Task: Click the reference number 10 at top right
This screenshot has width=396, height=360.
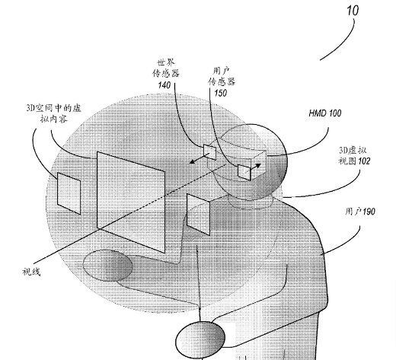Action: click(353, 11)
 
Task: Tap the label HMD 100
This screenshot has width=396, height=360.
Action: click(325, 113)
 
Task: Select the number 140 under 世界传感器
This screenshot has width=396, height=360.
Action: click(164, 85)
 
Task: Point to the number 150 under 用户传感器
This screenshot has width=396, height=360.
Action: click(220, 93)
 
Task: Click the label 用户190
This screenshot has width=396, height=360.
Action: click(360, 212)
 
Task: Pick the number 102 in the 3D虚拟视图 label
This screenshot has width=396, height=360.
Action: click(364, 161)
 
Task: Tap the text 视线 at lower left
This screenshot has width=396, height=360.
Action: click(31, 272)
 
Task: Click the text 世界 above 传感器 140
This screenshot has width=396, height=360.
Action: click(166, 62)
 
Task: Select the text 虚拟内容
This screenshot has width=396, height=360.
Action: click(54, 119)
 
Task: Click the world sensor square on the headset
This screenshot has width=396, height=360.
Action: click(209, 152)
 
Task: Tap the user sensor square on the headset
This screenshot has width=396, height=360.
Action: click(244, 172)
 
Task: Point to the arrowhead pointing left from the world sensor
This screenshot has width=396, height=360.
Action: click(193, 161)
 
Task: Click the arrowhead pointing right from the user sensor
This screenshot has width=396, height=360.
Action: click(257, 166)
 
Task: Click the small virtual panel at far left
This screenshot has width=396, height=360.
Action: click(69, 193)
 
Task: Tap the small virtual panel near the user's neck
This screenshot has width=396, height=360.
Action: click(198, 215)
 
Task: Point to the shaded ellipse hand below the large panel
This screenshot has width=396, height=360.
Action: click(108, 266)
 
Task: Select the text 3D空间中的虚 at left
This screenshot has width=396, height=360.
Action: click(54, 108)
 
